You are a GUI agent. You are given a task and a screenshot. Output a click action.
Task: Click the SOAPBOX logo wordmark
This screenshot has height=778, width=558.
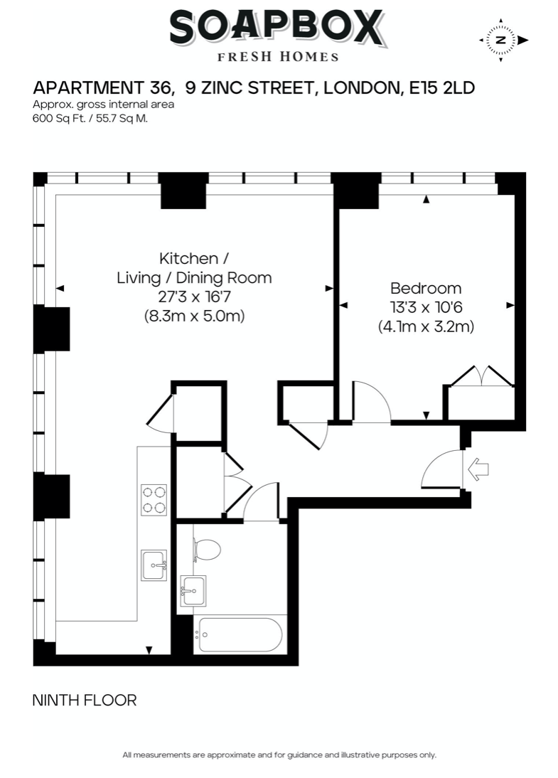click(277, 28)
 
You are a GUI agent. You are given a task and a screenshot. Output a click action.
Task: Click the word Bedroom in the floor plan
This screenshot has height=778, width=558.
click(426, 288)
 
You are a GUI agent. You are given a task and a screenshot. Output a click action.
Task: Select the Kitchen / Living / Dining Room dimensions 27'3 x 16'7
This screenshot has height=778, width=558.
click(195, 297)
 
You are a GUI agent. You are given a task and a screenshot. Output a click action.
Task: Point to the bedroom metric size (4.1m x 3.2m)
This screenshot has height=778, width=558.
click(426, 326)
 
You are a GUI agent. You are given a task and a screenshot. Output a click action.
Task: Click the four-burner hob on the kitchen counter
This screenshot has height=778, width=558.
click(154, 500)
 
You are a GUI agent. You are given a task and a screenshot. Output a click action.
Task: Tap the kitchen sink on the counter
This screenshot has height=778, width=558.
click(154, 565)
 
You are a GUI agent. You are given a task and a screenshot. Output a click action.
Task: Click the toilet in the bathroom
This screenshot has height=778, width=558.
click(206, 550)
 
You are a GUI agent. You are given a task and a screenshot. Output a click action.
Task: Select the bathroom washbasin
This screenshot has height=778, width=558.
click(193, 591)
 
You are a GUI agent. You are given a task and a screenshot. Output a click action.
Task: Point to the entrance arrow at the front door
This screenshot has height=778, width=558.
click(478, 469)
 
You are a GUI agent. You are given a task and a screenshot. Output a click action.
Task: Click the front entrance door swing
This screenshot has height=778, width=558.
click(442, 469)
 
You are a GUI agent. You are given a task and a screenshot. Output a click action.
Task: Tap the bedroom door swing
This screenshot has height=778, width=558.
click(372, 402)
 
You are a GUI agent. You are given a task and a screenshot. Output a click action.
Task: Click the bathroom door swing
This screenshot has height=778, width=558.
click(262, 501)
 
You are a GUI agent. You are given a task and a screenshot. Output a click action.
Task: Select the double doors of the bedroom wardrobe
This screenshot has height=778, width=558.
click(482, 375)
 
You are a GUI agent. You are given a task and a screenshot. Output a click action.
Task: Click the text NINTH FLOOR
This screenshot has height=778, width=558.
click(85, 700)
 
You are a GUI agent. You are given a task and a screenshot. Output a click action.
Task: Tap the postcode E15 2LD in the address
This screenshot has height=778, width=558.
click(442, 87)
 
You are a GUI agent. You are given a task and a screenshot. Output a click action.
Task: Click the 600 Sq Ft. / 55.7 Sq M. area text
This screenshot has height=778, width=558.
click(90, 119)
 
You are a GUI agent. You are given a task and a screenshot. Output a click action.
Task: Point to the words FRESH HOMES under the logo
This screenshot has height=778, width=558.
click(278, 57)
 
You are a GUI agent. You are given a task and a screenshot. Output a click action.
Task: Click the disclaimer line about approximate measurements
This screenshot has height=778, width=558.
click(279, 755)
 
